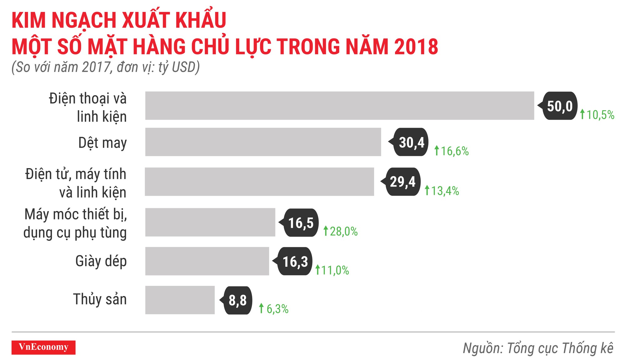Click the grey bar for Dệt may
coord(263,142)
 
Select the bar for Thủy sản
coord(180,300)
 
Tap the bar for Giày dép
coord(207,261)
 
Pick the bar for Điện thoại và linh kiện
coord(340,105)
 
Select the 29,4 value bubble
coord(403,182)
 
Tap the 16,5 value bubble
coord(300,223)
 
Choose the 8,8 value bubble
coord(238,300)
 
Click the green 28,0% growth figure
coord(343,232)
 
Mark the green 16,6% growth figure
coord(454,151)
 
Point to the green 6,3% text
coord(277,309)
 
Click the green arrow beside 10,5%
coord(582,114)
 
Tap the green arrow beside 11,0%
coord(318,270)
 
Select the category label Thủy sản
coord(100,299)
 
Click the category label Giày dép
coord(101,261)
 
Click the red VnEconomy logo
coord(44,347)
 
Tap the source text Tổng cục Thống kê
coord(560,348)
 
